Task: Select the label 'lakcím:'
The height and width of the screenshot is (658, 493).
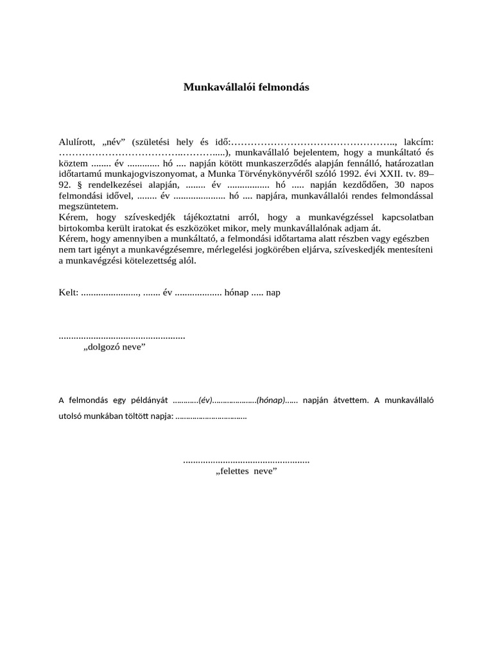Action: coord(419,141)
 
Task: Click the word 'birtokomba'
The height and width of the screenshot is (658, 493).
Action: coord(84,229)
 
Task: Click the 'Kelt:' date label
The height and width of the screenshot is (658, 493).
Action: coord(69,292)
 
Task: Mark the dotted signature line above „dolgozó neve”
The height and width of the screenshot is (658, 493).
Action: coord(122,336)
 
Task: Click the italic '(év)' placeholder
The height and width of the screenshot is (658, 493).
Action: coord(205,400)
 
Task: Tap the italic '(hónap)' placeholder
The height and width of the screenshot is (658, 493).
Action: coord(271,400)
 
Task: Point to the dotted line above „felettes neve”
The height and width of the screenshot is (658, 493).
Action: coord(246,461)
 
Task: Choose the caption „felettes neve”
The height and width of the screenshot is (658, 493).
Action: coord(246,472)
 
